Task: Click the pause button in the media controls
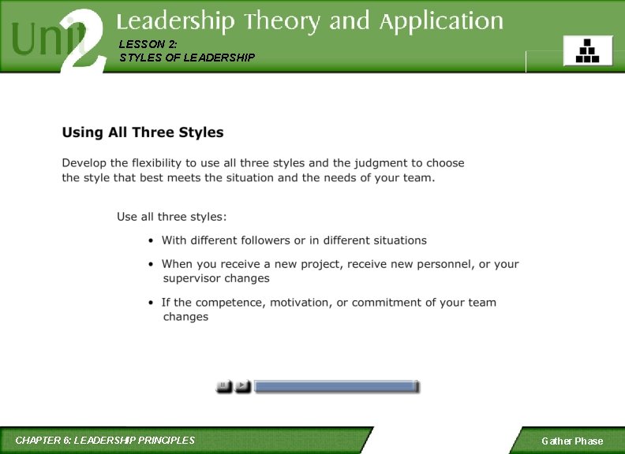click(224, 386)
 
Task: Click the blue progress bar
click(337, 386)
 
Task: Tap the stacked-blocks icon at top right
click(587, 50)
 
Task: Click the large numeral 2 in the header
click(84, 38)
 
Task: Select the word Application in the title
click(441, 22)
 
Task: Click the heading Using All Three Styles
click(143, 132)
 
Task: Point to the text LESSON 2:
click(143, 44)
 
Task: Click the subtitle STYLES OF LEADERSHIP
click(187, 58)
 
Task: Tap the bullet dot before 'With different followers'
click(151, 241)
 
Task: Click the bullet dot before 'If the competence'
click(151, 303)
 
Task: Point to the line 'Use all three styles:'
click(172, 216)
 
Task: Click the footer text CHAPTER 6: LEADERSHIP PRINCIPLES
click(105, 440)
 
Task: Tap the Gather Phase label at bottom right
click(572, 441)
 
